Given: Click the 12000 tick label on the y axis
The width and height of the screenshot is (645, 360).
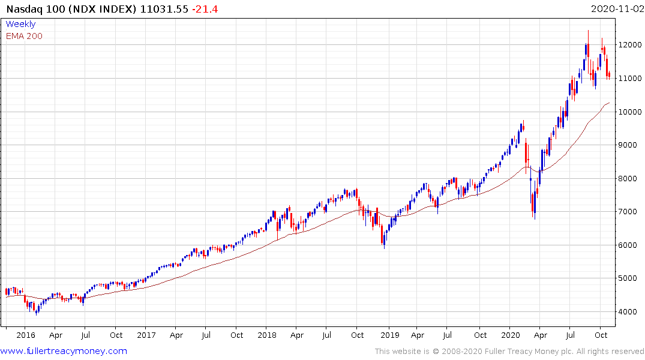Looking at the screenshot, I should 632,45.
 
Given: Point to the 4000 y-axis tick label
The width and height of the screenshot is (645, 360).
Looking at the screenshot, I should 632,311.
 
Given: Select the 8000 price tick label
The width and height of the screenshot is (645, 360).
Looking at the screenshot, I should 632,178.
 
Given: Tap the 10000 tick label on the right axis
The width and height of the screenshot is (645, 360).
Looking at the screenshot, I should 632,112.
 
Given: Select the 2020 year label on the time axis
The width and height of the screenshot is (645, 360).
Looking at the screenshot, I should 510,335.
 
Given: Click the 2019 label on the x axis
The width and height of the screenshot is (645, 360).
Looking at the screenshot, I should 389,335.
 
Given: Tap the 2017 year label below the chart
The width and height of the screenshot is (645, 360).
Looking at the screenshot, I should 146,335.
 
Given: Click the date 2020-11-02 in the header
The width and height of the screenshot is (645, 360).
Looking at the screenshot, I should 616,9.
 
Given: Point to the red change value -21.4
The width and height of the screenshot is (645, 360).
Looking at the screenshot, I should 206,9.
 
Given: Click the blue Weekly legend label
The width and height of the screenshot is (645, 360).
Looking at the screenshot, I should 20,24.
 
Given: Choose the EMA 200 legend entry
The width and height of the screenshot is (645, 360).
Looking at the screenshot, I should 24,36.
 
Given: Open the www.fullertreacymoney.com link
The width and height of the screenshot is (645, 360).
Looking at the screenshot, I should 64,351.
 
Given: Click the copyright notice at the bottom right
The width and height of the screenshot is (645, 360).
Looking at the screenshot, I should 509,351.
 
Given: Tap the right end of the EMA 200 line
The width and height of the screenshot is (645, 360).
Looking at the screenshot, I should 609,103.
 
